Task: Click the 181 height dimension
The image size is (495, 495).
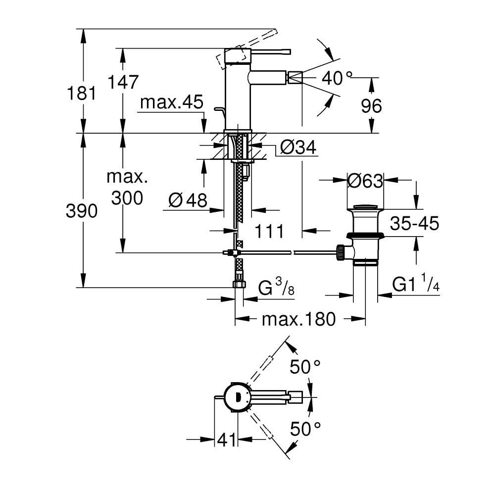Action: (x=83, y=93)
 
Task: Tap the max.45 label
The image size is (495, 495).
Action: (x=172, y=102)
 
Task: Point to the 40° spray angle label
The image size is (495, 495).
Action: (x=337, y=77)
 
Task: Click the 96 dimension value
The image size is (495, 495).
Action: (x=372, y=105)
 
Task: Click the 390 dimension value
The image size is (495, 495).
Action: (x=83, y=211)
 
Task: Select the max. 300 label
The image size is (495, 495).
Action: (x=127, y=188)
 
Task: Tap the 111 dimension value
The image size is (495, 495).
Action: (x=269, y=231)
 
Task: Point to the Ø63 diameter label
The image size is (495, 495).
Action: (x=365, y=181)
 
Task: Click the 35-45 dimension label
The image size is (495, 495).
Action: (x=414, y=224)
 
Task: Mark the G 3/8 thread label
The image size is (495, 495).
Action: (x=277, y=288)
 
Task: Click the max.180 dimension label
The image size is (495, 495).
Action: (x=298, y=319)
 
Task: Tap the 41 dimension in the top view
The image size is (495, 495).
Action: (x=227, y=440)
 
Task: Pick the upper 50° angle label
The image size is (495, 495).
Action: (x=305, y=367)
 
